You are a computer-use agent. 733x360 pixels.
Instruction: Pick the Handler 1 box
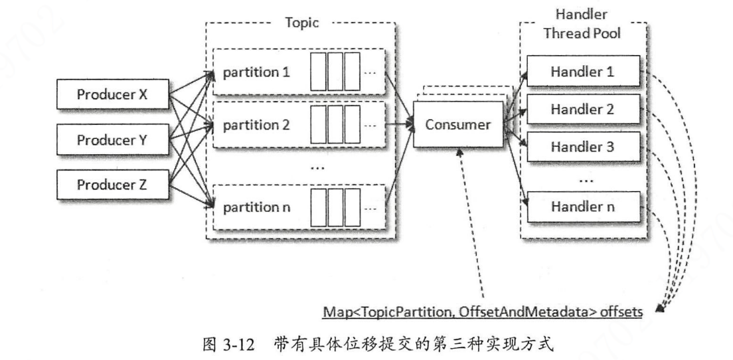[583, 70]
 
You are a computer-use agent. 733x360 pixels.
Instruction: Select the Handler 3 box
[583, 147]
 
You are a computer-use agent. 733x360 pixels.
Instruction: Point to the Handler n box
[583, 207]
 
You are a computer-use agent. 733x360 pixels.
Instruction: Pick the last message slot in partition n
[351, 207]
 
